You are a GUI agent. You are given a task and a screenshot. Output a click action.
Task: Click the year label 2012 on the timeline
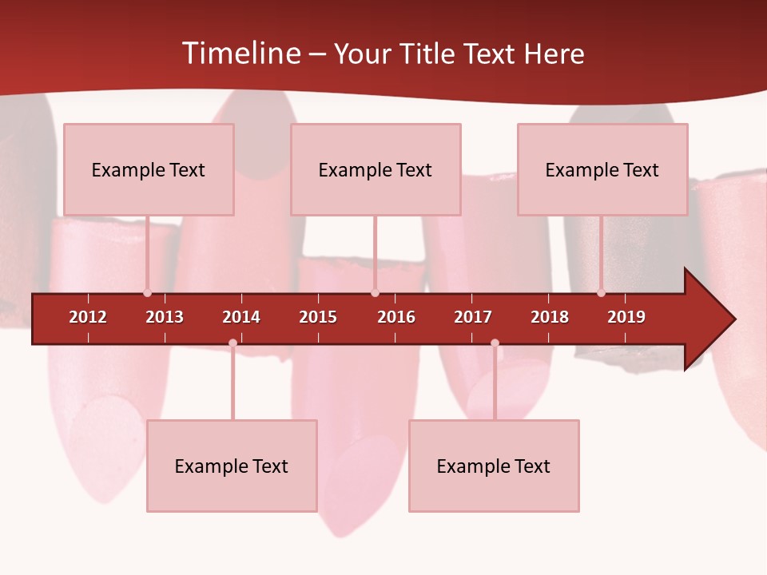pyautogui.click(x=88, y=317)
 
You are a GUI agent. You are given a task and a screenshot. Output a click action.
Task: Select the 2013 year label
pyautogui.click(x=165, y=317)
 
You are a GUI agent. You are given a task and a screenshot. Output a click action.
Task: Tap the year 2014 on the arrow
pyautogui.click(x=241, y=317)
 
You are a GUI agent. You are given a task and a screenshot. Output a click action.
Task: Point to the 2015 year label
pyautogui.click(x=318, y=317)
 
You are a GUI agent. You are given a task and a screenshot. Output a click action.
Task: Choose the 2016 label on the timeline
pyautogui.click(x=396, y=317)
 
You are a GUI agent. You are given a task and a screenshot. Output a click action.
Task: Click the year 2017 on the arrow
pyautogui.click(x=473, y=317)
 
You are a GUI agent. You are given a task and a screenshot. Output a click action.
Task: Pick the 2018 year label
pyautogui.click(x=550, y=317)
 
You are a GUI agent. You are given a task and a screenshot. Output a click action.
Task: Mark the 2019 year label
pyautogui.click(x=626, y=317)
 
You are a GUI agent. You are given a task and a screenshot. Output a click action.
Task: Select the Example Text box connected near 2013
pyautogui.click(x=149, y=169)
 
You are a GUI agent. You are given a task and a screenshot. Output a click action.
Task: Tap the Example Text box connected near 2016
pyautogui.click(x=376, y=169)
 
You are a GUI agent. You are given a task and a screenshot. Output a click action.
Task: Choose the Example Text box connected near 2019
pyautogui.click(x=602, y=169)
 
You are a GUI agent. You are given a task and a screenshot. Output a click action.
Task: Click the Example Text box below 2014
pyautogui.click(x=232, y=466)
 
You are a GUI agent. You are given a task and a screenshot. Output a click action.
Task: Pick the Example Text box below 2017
pyautogui.click(x=494, y=466)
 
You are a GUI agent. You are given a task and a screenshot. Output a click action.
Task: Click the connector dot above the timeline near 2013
pyautogui.click(x=147, y=292)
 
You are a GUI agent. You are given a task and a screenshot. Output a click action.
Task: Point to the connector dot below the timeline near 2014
pyautogui.click(x=232, y=343)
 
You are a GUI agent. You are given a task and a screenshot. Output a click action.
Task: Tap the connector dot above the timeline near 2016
pyautogui.click(x=375, y=292)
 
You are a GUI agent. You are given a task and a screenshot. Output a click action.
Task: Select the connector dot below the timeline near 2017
pyautogui.click(x=495, y=343)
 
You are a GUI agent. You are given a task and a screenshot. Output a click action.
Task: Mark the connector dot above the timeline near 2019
pyautogui.click(x=601, y=292)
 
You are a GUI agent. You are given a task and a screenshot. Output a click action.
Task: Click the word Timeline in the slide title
pyautogui.click(x=240, y=54)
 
